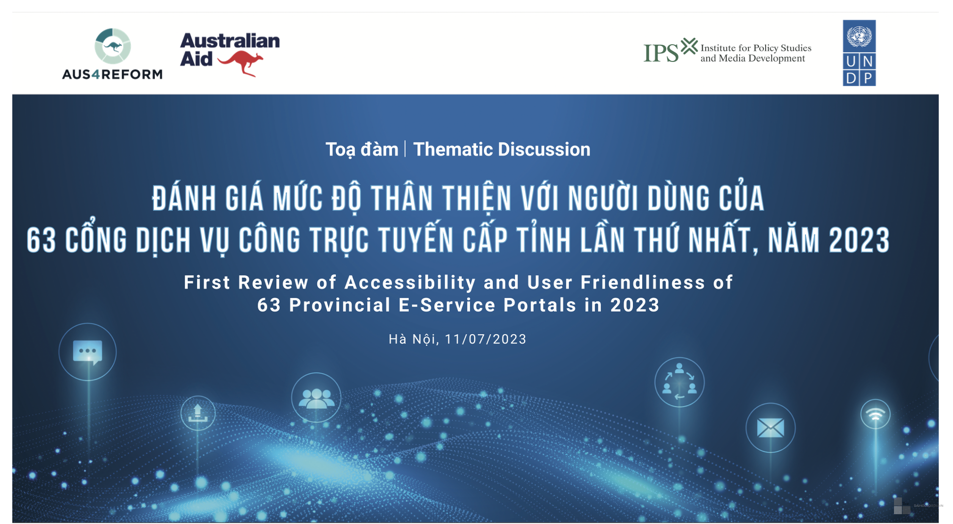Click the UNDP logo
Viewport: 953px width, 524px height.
tap(859, 53)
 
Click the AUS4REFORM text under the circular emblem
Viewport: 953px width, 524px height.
tap(112, 74)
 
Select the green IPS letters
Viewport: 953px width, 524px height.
tap(661, 53)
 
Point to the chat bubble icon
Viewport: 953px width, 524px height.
tap(88, 352)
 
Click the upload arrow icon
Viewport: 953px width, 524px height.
tap(198, 413)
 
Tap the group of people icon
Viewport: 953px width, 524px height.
tap(316, 398)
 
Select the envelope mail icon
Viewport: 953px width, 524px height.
tap(770, 428)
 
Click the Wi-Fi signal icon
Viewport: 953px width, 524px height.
tap(875, 415)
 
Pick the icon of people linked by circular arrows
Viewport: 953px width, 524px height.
tap(679, 382)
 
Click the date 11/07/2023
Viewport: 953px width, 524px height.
tap(485, 339)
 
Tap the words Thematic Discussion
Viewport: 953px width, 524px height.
tap(502, 149)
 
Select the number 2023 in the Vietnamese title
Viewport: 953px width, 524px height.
tap(859, 240)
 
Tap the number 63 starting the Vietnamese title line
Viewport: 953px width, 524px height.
tap(41, 240)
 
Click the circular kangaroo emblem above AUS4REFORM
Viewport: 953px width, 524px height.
tap(113, 46)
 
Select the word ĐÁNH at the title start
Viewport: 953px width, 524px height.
tap(184, 199)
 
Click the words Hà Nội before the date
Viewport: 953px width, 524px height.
tap(412, 339)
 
